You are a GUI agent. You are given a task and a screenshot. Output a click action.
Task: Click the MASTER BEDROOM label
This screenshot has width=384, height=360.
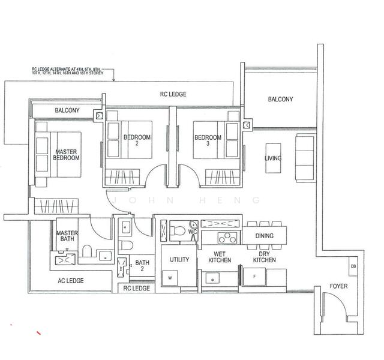(67, 155)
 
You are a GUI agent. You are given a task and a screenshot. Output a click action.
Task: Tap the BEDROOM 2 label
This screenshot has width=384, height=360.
(137, 141)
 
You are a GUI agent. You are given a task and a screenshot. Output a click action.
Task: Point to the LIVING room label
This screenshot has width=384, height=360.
(273, 158)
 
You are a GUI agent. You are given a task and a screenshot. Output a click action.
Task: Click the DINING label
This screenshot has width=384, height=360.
(265, 236)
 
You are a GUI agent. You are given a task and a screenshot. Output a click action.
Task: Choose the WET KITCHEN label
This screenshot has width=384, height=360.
(220, 257)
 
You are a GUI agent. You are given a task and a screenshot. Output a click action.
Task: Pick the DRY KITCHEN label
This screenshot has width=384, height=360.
(264, 257)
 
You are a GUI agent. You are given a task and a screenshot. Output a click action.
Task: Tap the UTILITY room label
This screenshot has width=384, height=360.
(179, 260)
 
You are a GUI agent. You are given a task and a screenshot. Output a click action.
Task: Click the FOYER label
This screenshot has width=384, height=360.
(338, 287)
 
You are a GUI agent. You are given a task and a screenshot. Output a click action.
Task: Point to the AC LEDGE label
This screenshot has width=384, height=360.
(71, 281)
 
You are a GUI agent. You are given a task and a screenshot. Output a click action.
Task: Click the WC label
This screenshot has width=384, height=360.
(193, 230)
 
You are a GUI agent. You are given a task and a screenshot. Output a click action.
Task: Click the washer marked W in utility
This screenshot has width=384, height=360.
(169, 278)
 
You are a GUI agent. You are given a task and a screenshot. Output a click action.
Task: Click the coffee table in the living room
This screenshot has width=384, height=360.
(272, 158)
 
